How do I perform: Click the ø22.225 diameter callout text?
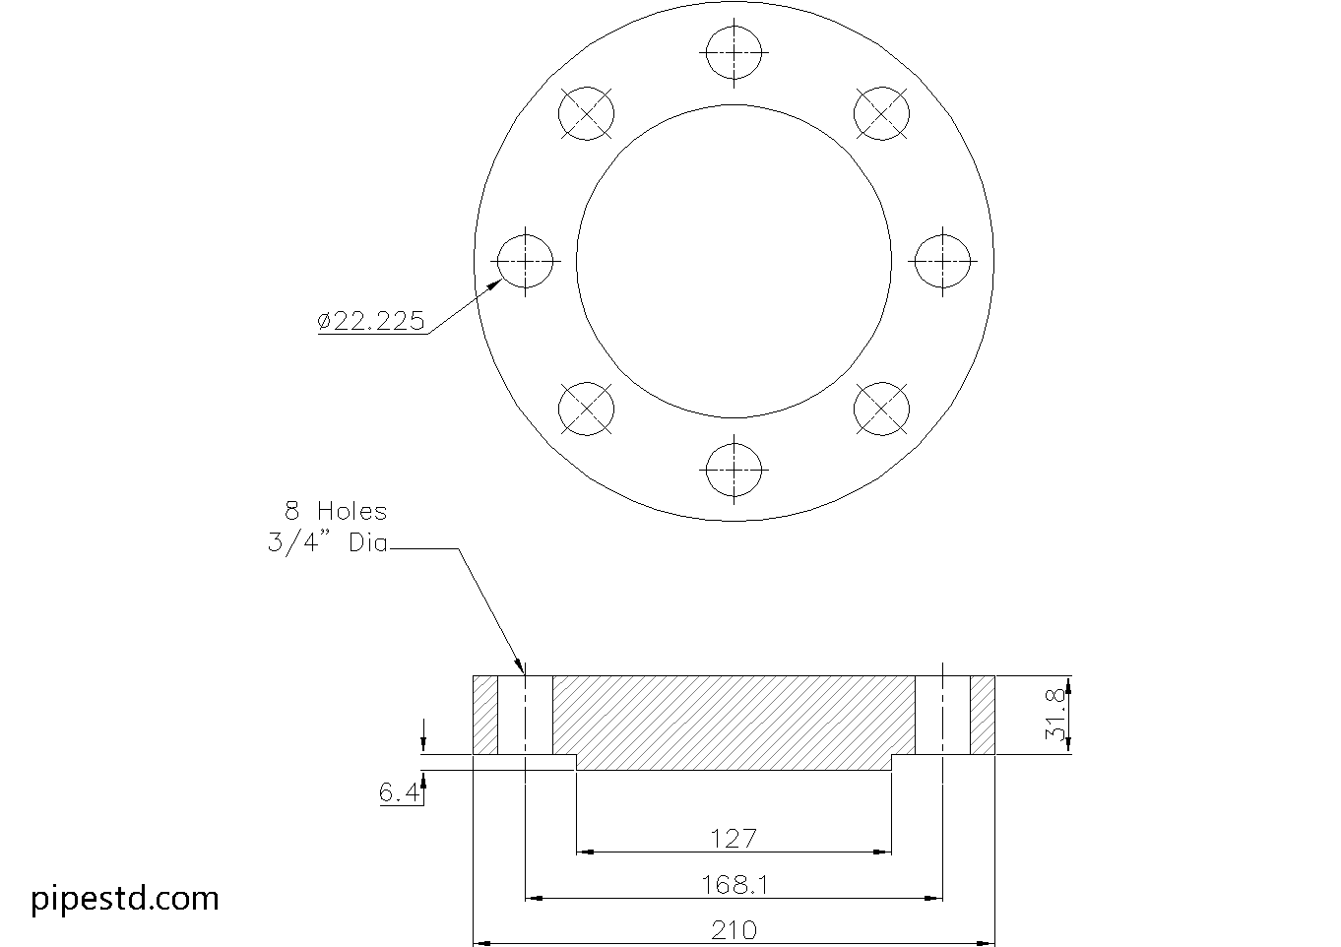pos(371,321)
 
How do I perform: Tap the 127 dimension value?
pos(734,839)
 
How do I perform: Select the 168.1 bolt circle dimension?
pos(734,884)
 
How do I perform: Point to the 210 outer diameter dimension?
pos(734,929)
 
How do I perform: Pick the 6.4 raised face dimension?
pos(399,792)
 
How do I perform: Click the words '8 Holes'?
pos(336,511)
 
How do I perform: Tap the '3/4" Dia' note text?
pos(328,542)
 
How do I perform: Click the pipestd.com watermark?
pos(125,898)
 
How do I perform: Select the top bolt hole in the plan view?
pos(734,52)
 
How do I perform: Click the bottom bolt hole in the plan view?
pos(734,471)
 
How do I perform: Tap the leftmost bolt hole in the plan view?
pos(525,262)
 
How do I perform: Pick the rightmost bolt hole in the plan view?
pos(943,262)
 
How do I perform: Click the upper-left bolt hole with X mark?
pos(586,113)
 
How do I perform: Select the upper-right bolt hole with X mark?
pos(881,113)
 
